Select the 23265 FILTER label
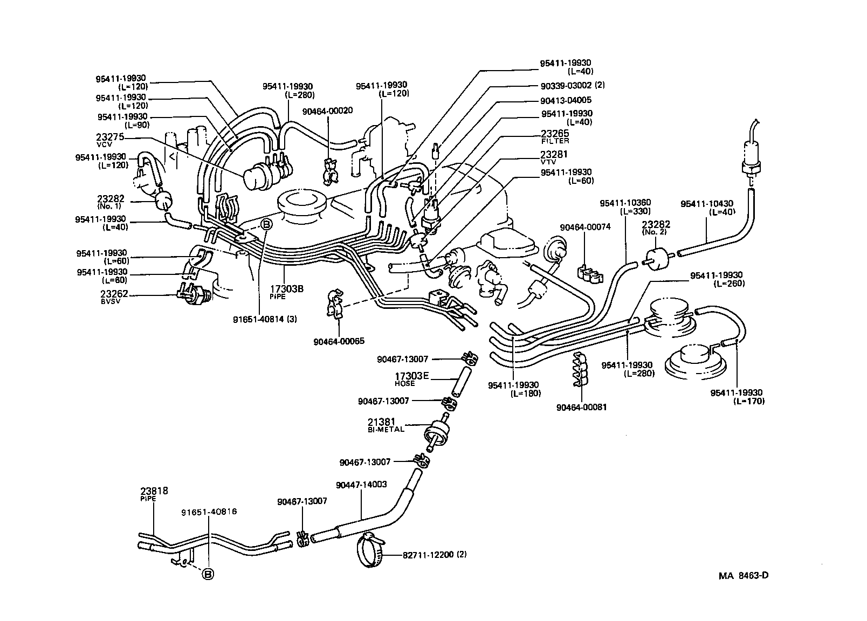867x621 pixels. click(555, 136)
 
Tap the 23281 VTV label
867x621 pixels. click(555, 157)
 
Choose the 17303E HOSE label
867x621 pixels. click(411, 379)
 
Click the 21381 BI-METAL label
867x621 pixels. click(397, 425)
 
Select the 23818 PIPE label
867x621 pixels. click(154, 493)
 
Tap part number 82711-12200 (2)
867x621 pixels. click(435, 555)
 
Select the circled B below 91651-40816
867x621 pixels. click(208, 575)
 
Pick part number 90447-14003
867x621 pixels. click(361, 485)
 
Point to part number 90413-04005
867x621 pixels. click(566, 100)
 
